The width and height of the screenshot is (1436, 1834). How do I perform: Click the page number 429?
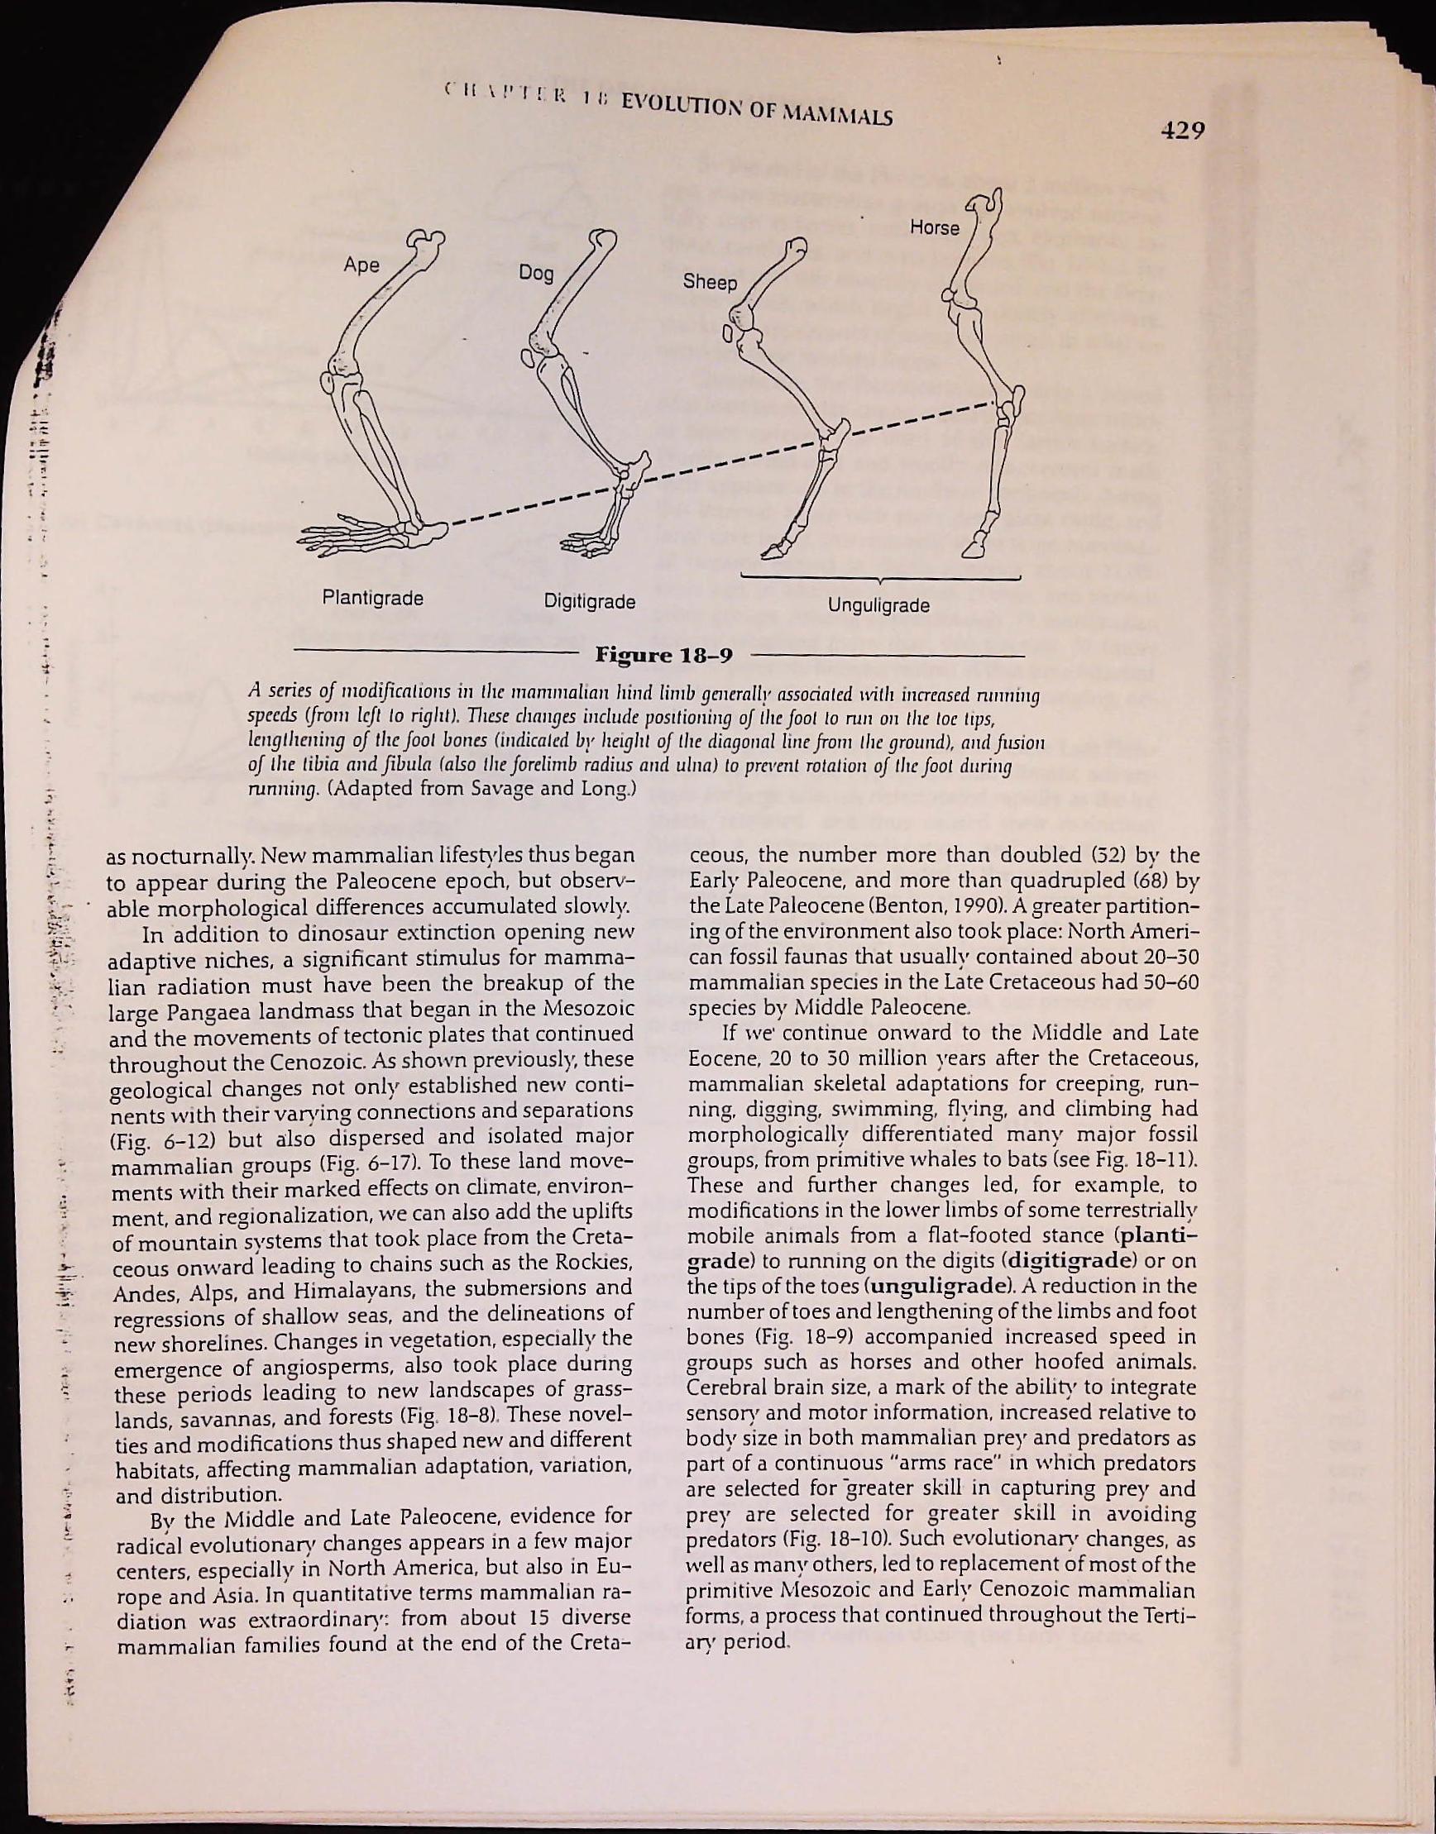1183,131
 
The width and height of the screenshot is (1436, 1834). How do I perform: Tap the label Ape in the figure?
361,265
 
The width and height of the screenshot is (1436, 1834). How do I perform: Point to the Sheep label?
710,282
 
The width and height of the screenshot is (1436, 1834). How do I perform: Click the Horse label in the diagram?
934,227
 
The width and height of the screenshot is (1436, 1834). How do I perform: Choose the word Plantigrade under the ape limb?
372,599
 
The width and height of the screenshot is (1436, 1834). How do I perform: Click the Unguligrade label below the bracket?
878,604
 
